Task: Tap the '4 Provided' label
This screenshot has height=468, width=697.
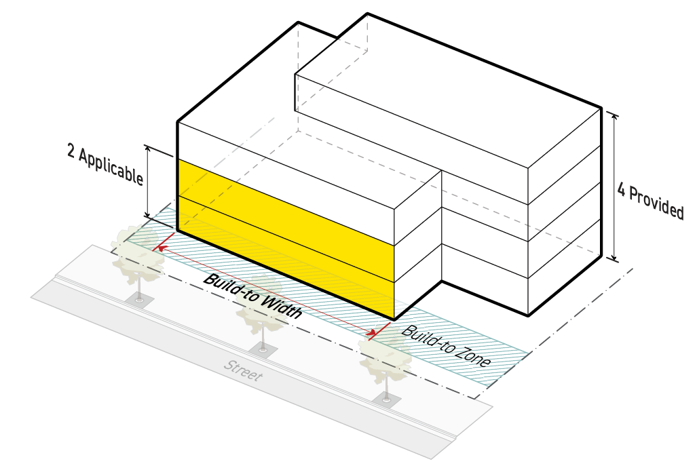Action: point(650,200)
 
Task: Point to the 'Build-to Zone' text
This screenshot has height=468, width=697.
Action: point(446,347)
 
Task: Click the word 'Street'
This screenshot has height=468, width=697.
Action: point(242,371)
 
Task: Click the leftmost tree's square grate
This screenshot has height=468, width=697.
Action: point(140,300)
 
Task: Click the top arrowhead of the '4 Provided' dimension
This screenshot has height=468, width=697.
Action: point(616,115)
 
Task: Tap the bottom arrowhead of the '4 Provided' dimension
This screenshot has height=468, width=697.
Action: point(616,257)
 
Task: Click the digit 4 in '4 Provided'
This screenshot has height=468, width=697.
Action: point(621,189)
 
